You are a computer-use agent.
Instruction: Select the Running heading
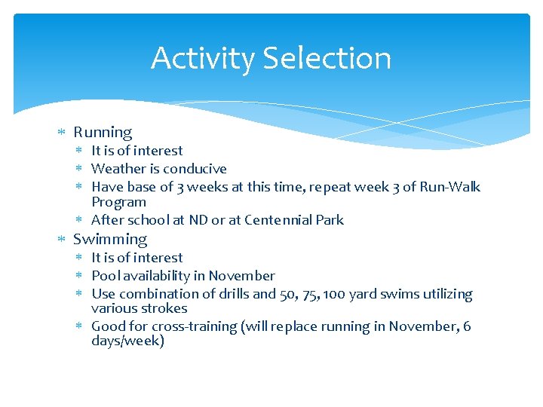tap(103, 133)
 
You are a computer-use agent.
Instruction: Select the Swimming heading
tap(110, 240)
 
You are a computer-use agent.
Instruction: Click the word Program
tap(118, 202)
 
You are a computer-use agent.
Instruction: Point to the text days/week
tap(127, 341)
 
